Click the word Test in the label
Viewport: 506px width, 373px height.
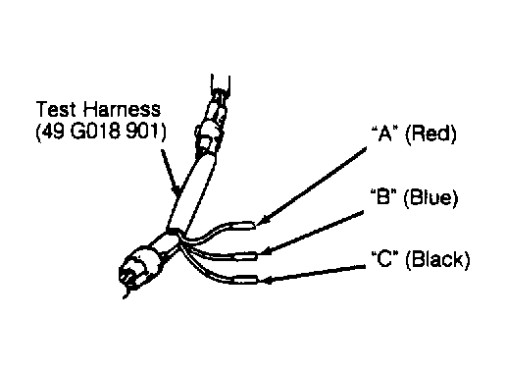56,109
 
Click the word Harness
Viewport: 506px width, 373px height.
122,109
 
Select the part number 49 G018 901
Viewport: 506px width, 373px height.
101,132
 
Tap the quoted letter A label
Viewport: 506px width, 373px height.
385,133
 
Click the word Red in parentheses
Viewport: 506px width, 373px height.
430,133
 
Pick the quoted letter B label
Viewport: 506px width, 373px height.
383,196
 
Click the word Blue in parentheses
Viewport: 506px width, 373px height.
430,197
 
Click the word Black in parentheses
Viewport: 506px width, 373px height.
437,259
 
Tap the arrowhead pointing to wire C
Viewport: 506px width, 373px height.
268,280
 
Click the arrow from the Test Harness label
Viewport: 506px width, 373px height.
171,173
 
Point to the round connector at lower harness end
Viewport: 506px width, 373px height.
140,264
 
